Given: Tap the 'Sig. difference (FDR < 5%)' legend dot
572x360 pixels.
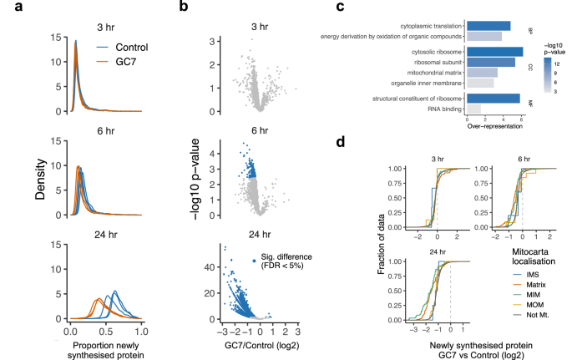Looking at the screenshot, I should click(x=255, y=261).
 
